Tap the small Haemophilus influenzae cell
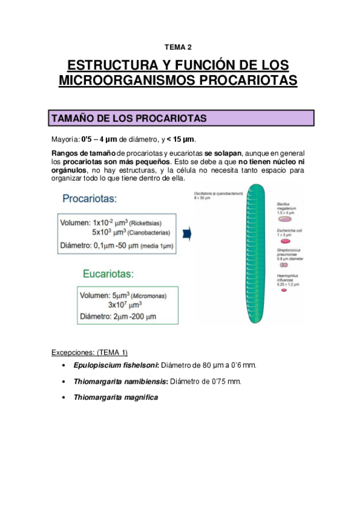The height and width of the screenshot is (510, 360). (x=282, y=290)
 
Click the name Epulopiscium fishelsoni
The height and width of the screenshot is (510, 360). (x=115, y=365)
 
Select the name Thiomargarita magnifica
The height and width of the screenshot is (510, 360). (x=115, y=398)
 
